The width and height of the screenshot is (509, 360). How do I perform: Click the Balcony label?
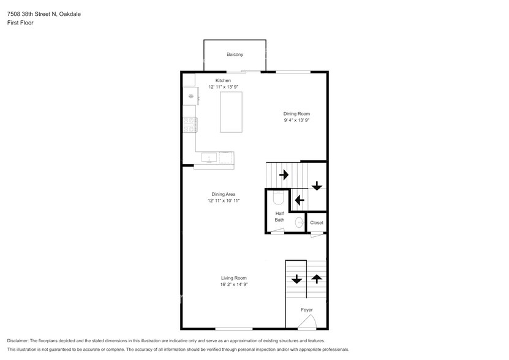pyautogui.click(x=235, y=54)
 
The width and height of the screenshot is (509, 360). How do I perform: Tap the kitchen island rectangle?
pyautogui.click(x=231, y=112)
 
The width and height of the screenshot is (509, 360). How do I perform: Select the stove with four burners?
pyautogui.click(x=190, y=125)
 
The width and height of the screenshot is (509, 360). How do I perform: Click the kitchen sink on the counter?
pyautogui.click(x=209, y=157)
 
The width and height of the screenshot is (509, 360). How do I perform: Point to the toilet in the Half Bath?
pyautogui.click(x=279, y=198)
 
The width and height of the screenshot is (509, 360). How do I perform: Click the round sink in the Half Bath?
pyautogui.click(x=299, y=223)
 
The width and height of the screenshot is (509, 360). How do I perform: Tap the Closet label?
pyautogui.click(x=317, y=223)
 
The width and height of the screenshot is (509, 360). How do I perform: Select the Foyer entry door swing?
pyautogui.click(x=307, y=321)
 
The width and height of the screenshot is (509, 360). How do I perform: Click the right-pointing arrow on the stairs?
pyautogui.click(x=284, y=174)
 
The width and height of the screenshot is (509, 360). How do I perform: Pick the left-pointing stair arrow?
pyautogui.click(x=300, y=200)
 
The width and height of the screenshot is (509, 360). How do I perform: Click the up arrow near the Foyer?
pyautogui.click(x=317, y=279)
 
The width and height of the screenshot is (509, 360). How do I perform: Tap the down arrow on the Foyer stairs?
pyautogui.click(x=296, y=279)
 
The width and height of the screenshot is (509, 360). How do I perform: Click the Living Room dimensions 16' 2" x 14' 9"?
pyautogui.click(x=234, y=284)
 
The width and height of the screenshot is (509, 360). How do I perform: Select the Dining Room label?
pyautogui.click(x=296, y=114)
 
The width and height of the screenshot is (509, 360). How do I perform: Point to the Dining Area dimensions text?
pyautogui.click(x=224, y=201)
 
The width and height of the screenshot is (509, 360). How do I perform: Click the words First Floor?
pyautogui.click(x=20, y=23)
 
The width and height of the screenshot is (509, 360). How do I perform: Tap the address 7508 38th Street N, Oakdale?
pyautogui.click(x=44, y=14)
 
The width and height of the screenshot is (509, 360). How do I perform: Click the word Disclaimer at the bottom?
pyautogui.click(x=18, y=341)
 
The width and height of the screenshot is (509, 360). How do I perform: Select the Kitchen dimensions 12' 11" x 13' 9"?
pyautogui.click(x=224, y=87)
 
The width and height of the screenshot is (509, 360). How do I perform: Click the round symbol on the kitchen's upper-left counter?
pyautogui.click(x=191, y=96)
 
